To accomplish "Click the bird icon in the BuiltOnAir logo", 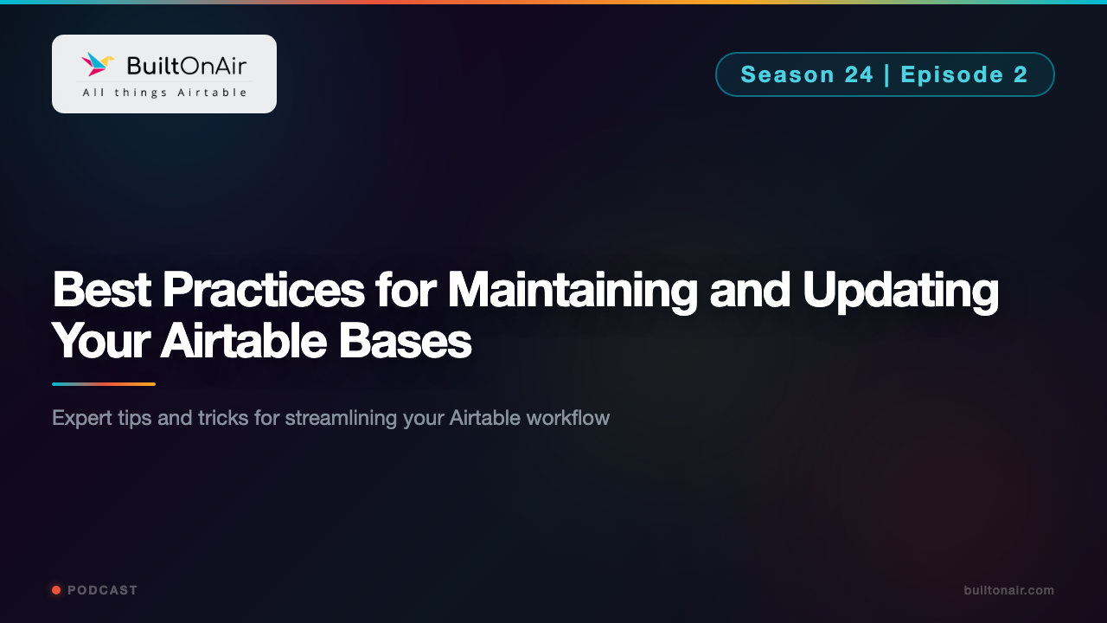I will click(98, 64).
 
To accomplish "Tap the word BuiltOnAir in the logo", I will click(186, 65).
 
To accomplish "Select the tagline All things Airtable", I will click(164, 93).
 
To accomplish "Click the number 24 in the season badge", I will click(859, 74).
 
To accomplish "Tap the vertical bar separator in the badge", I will click(887, 74).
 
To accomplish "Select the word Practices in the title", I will click(263, 291).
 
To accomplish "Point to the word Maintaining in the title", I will click(572, 291).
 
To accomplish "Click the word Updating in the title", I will click(900, 292).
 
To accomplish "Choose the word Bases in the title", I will click(405, 341).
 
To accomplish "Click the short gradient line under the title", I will click(104, 384).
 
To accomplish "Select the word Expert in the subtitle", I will click(81, 418).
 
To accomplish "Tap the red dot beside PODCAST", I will click(56, 590).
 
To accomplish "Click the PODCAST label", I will click(103, 590).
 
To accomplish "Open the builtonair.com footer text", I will click(1008, 590).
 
